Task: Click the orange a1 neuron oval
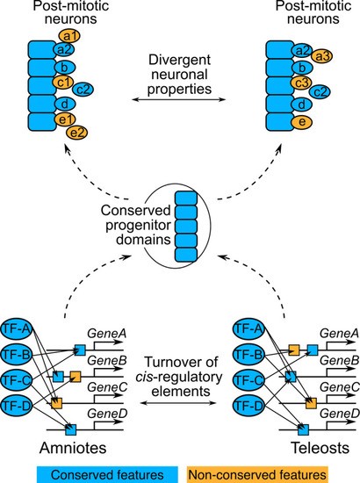[x=69, y=36]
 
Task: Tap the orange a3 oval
[x=322, y=56]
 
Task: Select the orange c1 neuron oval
[x=63, y=82]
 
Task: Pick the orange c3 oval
[x=302, y=83]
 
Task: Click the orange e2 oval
[x=76, y=133]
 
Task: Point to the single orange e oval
[x=302, y=122]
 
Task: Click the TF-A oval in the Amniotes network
[x=17, y=329]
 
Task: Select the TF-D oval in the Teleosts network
[x=248, y=406]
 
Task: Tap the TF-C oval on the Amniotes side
[x=17, y=380]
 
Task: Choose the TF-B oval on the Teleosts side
[x=248, y=355]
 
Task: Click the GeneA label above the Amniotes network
[x=107, y=334]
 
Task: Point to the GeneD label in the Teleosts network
[x=340, y=414]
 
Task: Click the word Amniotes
[x=73, y=448]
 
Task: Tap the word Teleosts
[x=320, y=448]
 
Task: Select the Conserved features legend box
[x=107, y=474]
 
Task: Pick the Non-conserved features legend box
[x=257, y=474]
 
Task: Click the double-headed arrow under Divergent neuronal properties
[x=179, y=99]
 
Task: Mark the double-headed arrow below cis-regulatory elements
[x=178, y=402]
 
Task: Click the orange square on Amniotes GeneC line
[x=57, y=403]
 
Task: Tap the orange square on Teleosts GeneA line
[x=294, y=350]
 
